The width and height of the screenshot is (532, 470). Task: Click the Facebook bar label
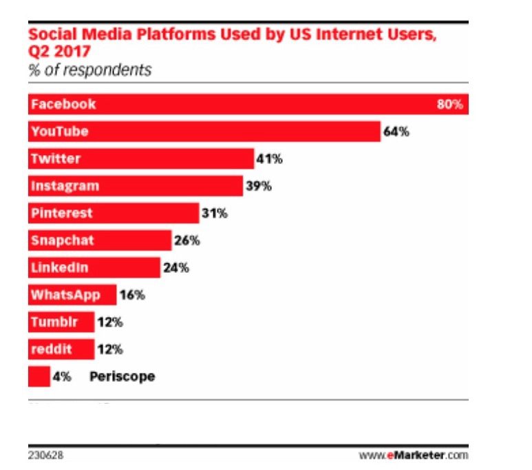coord(63,105)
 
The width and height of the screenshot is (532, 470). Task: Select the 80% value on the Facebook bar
coord(451,105)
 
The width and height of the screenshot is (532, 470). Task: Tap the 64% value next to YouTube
coord(396,132)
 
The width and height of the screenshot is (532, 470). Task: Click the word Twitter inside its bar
coord(55,159)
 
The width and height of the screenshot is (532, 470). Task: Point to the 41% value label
coord(269,159)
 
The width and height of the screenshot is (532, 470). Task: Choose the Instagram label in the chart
coord(65,186)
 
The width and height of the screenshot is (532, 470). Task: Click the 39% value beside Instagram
coord(258,186)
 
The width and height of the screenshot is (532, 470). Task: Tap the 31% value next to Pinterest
coord(214,213)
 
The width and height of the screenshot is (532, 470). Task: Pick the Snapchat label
coord(62,241)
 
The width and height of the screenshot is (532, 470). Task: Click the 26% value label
coord(187,241)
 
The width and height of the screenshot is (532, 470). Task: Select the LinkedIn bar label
coord(59,267)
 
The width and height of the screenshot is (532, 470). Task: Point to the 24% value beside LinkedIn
coord(175,267)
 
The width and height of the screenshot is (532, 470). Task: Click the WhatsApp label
coord(65,295)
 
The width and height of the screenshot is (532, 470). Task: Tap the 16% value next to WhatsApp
coord(131,295)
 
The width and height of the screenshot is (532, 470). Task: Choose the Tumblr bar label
coord(52,322)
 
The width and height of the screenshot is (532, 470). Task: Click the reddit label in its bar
coord(51,349)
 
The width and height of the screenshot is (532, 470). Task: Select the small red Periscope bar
coord(39,376)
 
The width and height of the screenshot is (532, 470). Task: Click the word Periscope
coord(122,377)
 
